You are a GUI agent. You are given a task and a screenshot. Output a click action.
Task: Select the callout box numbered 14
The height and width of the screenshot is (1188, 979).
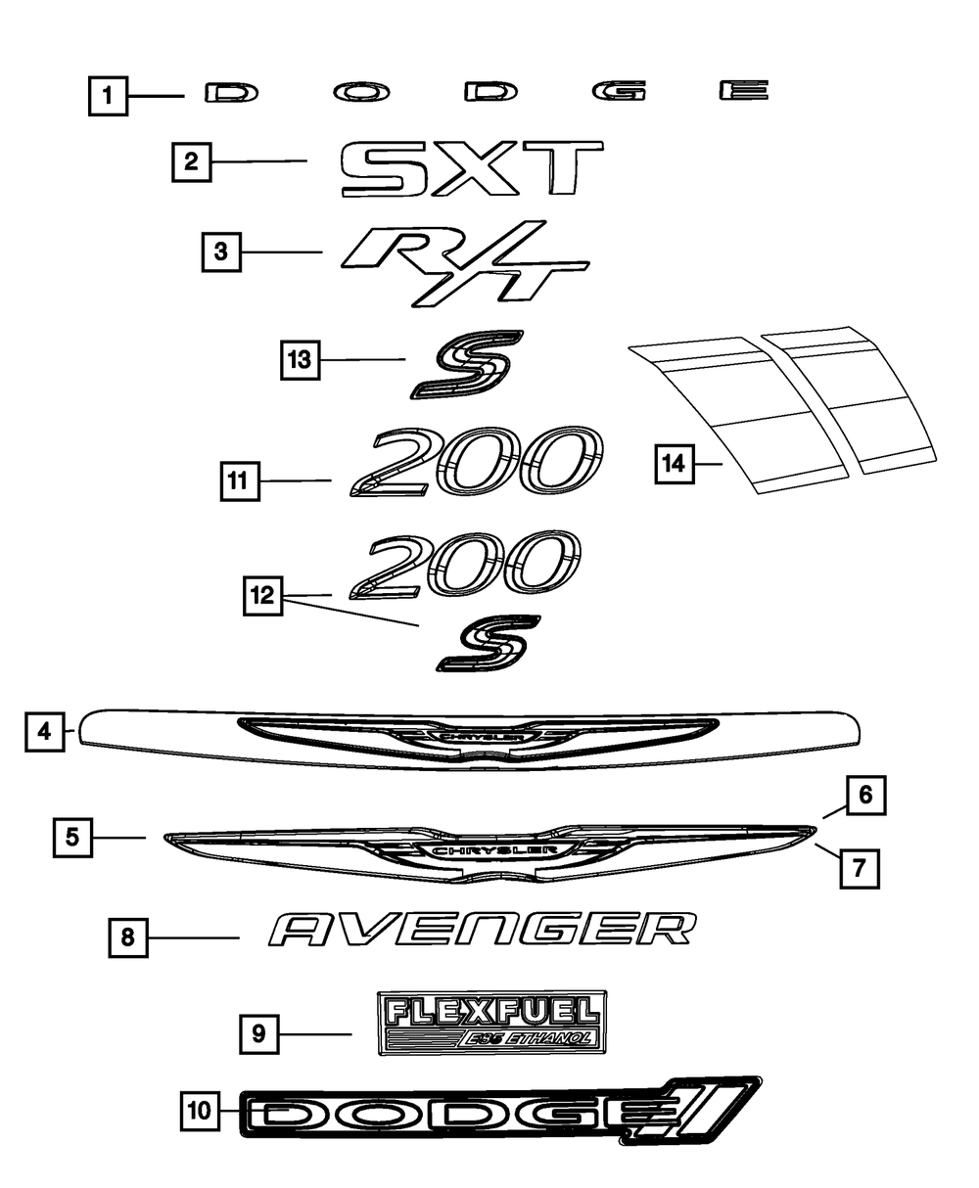click(674, 464)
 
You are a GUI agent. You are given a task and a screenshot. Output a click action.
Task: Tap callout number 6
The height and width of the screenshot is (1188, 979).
click(865, 796)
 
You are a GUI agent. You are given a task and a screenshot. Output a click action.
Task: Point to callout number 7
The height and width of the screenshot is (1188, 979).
click(859, 867)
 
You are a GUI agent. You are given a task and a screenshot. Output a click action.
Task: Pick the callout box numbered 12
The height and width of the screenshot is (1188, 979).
click(264, 595)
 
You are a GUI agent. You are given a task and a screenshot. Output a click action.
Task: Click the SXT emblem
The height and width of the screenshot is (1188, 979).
click(471, 169)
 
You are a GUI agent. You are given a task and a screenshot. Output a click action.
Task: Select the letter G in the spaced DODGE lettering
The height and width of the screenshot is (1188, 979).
click(620, 92)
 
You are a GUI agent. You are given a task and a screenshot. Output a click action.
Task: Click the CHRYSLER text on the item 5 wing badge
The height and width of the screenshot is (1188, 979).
click(481, 850)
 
